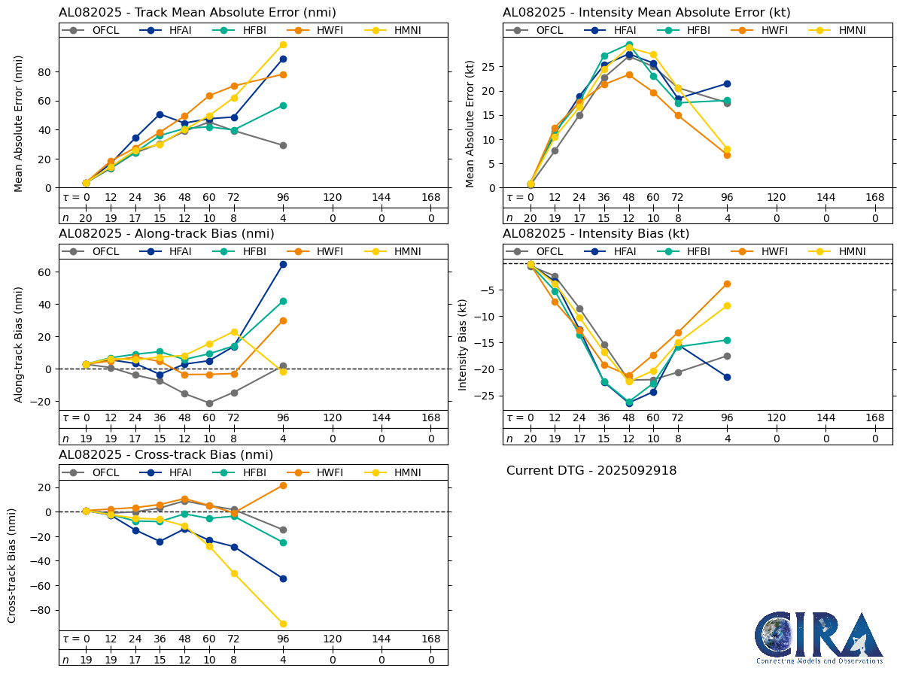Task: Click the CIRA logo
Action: click(819, 638)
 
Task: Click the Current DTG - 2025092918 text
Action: click(591, 471)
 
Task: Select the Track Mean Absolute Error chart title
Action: click(197, 13)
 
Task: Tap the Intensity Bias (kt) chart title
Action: click(596, 234)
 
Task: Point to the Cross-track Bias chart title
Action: click(166, 455)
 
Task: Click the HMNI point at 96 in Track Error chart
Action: click(283, 44)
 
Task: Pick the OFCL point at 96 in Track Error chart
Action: click(283, 145)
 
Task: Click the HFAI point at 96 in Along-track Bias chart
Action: click(283, 264)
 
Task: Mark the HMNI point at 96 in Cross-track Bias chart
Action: click(283, 624)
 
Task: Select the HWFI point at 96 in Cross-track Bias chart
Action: click(283, 485)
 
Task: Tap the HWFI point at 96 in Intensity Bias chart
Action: click(727, 284)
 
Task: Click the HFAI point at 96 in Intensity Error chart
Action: click(727, 83)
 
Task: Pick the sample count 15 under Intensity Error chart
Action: click(604, 218)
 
